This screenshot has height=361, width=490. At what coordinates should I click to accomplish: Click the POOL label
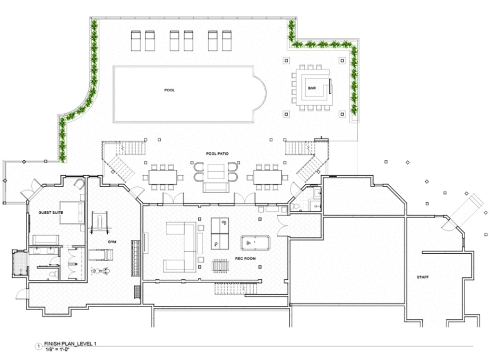(169, 90)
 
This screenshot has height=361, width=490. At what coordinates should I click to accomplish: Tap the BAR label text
(312, 88)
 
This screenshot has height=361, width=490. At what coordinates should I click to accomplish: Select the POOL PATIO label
(217, 154)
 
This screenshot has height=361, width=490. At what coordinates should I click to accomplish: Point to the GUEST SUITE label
(50, 212)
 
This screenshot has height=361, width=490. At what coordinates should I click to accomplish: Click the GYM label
(112, 242)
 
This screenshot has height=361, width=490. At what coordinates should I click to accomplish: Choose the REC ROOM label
(245, 259)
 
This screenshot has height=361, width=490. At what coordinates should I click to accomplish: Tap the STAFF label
(423, 277)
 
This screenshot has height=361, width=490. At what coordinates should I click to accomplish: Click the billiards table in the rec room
(255, 243)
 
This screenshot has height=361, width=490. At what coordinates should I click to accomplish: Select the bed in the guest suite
(72, 213)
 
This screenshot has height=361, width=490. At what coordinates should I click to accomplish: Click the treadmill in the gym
(100, 255)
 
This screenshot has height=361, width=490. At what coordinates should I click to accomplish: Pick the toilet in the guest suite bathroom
(54, 274)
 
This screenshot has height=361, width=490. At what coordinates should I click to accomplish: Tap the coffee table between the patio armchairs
(216, 171)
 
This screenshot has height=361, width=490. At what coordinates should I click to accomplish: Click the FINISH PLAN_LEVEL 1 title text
(70, 344)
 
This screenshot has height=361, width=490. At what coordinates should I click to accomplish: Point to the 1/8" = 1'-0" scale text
(57, 349)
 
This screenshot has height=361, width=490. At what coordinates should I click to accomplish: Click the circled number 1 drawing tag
(38, 346)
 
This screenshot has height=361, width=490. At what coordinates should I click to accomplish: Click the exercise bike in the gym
(100, 271)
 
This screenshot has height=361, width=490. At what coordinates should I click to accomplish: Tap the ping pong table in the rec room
(220, 234)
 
